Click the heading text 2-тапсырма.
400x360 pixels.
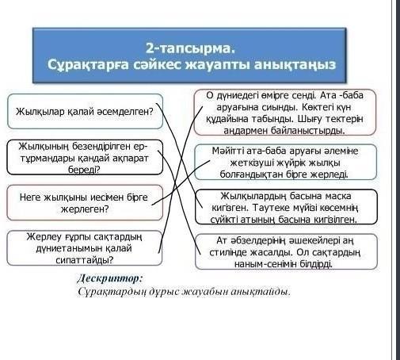click(190, 48)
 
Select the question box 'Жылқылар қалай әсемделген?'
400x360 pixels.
click(85, 112)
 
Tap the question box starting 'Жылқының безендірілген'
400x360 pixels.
click(85, 157)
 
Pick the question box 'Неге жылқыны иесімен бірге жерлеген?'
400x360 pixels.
click(85, 203)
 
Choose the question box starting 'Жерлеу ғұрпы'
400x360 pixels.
click(85, 248)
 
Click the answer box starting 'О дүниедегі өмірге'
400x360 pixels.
click(285, 113)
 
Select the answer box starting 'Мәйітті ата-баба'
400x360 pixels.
click(285, 162)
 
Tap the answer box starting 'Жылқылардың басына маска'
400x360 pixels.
click(286, 207)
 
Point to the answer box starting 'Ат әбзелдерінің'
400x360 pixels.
click(286, 251)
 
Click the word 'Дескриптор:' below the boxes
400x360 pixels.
click(110, 278)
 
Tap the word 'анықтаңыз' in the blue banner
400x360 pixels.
click(295, 65)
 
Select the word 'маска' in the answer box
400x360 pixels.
click(338, 196)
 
